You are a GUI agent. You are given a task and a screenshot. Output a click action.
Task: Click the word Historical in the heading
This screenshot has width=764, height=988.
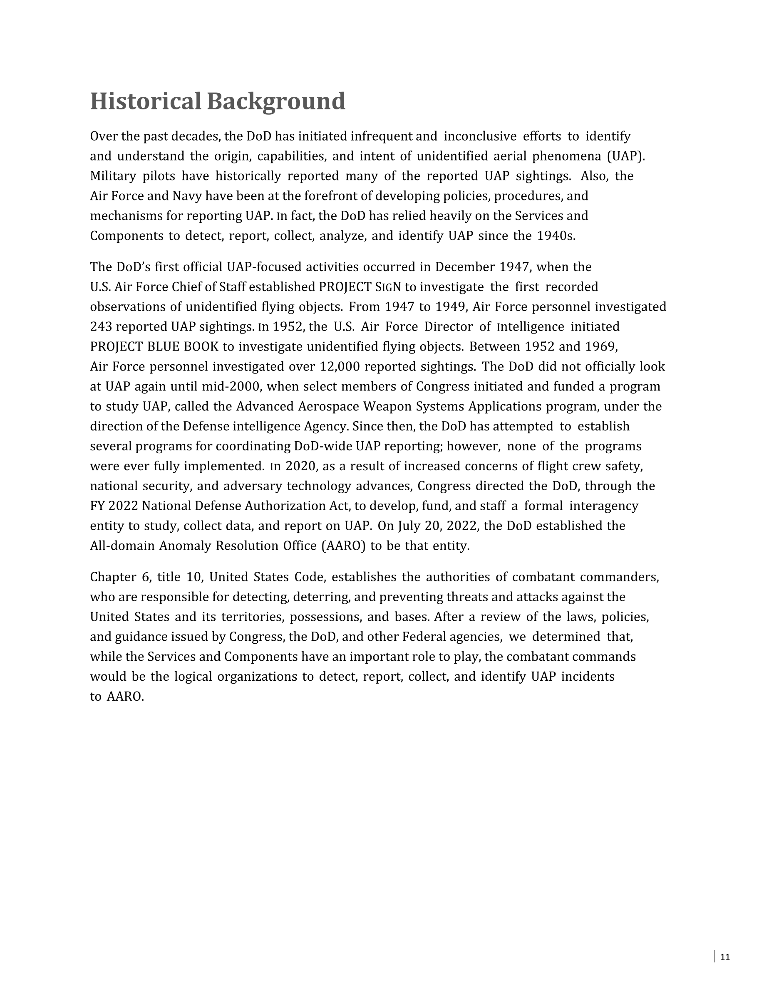tap(145, 101)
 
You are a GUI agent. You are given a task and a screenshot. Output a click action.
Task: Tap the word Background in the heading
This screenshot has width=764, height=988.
tap(276, 102)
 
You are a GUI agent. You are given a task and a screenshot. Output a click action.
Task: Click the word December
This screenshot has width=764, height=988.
tap(465, 267)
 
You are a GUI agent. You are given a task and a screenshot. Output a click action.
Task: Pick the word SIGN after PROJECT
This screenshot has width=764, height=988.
tap(388, 287)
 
